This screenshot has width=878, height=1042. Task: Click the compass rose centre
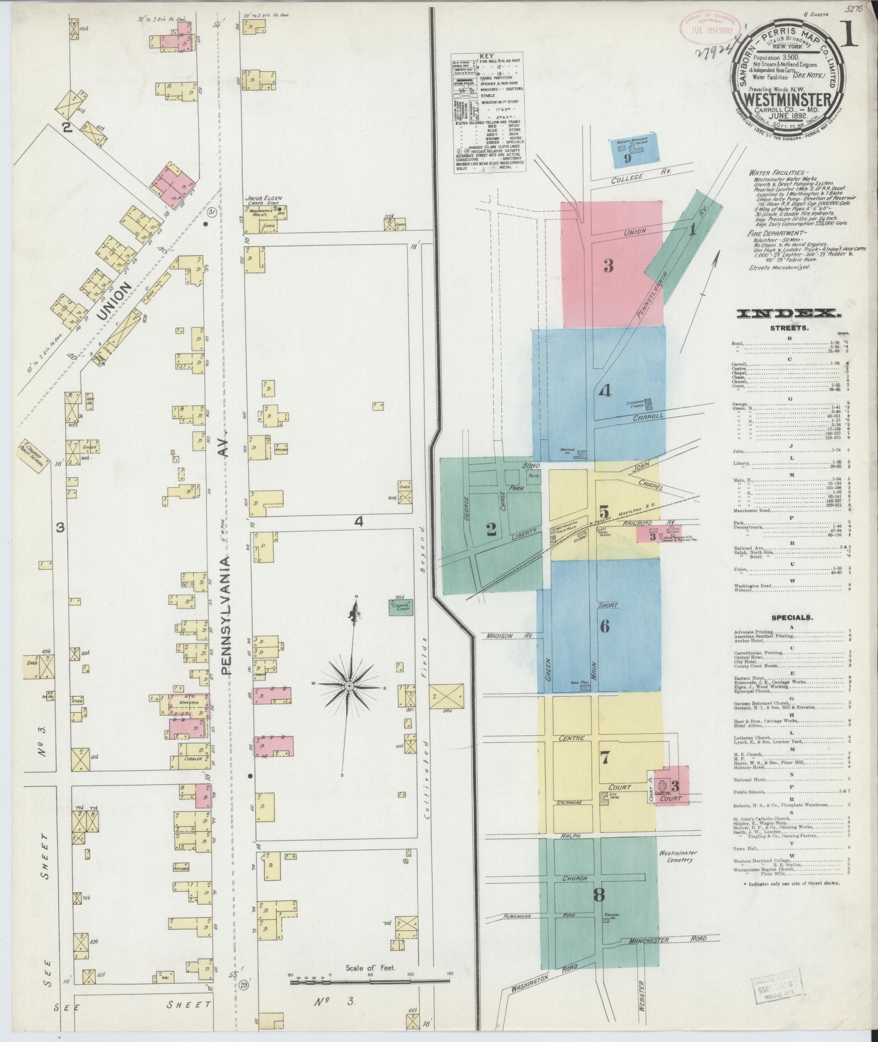[x=348, y=685]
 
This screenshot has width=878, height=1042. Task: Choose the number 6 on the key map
[x=604, y=626]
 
